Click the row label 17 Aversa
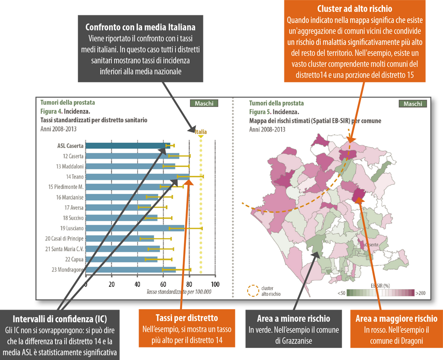click(x=74, y=208)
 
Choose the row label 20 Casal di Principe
click(x=64, y=238)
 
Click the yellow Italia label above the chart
click(x=201, y=132)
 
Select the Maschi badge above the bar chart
click(x=204, y=104)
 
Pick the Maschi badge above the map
click(x=413, y=104)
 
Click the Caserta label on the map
click(x=371, y=244)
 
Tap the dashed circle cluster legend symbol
click(x=252, y=291)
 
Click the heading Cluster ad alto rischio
click(x=354, y=9)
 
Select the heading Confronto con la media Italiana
click(x=140, y=28)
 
